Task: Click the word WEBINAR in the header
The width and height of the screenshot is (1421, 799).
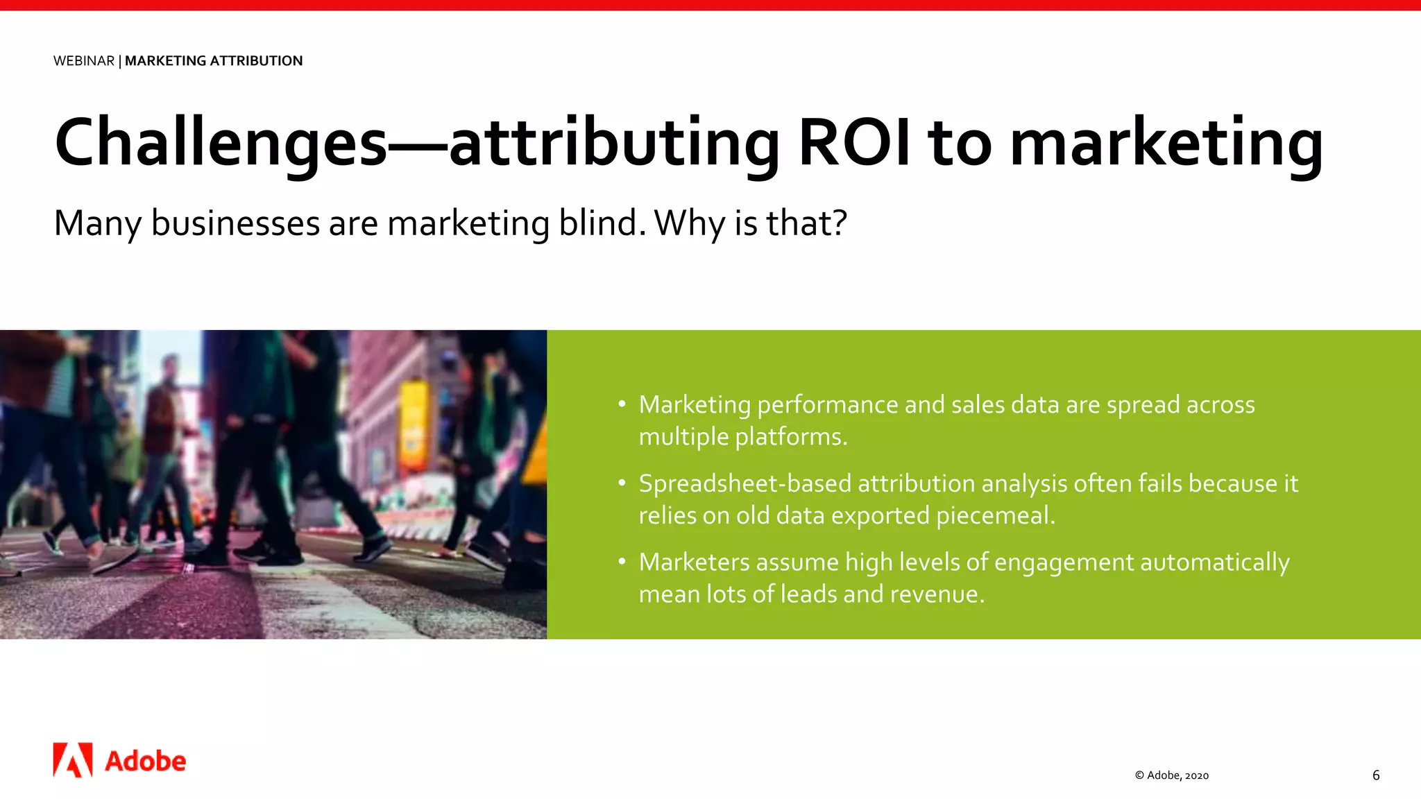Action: click(84, 61)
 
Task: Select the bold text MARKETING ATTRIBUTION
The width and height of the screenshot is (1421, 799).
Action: click(214, 61)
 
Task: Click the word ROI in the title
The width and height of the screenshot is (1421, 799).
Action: click(854, 143)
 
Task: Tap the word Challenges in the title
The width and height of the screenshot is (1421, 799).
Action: click(221, 143)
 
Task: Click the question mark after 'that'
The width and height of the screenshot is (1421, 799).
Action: click(840, 223)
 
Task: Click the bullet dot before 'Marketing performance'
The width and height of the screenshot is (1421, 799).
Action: click(622, 404)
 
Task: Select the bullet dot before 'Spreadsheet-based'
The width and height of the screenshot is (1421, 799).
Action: click(622, 482)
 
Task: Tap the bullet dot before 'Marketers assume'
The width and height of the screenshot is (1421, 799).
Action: click(622, 560)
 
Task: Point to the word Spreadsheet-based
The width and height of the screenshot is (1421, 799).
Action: click(744, 483)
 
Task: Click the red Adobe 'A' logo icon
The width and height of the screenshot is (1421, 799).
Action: click(73, 760)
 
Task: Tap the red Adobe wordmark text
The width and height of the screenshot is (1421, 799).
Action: click(146, 762)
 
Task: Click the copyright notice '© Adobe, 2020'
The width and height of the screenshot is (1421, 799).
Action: click(1172, 775)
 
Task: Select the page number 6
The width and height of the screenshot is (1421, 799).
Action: click(1376, 775)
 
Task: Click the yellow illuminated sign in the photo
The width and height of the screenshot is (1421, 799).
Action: click(414, 423)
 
